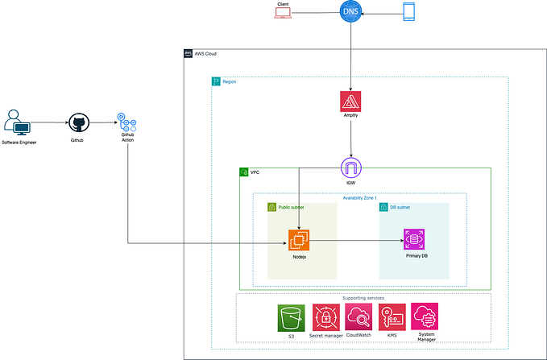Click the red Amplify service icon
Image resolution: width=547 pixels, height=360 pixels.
click(x=350, y=101)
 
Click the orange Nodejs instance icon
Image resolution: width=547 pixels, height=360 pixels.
click(x=300, y=239)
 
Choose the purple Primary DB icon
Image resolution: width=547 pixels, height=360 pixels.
click(x=415, y=239)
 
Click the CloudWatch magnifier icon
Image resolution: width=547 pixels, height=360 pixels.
click(x=358, y=316)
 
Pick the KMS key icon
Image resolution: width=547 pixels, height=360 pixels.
click(x=392, y=316)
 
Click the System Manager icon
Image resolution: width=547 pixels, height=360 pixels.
click(x=424, y=315)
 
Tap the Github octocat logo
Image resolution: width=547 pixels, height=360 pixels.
click(x=77, y=123)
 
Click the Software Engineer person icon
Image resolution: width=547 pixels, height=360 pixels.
click(x=18, y=122)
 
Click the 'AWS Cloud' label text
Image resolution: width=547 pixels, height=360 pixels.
click(x=205, y=54)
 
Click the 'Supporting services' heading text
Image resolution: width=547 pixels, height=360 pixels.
click(x=363, y=298)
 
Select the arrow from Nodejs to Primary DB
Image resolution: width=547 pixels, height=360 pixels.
click(x=354, y=239)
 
